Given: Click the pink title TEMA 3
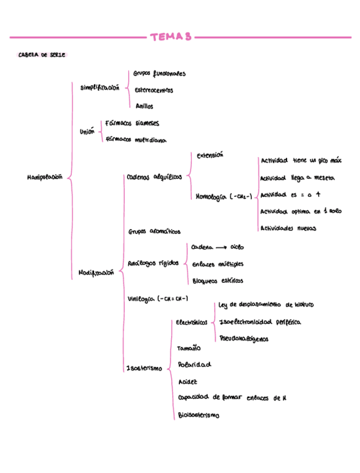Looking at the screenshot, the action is coord(171,37).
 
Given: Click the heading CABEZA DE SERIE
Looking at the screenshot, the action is coord(41,55).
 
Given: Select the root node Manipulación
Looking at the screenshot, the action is coord(45,177).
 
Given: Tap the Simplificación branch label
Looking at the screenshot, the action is coord(100,88).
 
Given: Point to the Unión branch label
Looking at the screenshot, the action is coord(87,132).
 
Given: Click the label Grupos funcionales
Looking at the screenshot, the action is coord(159,74).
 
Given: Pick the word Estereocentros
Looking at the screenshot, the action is coord(154,90).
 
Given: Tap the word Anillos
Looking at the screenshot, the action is coord(144,106).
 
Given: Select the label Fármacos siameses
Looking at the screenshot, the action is coord(132,124).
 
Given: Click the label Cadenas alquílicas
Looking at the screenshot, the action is coord(154,177).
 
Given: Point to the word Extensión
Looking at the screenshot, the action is coord(210,156).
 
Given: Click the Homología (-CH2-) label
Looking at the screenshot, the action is coord(224,196).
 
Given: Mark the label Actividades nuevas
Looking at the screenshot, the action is coord(288,228).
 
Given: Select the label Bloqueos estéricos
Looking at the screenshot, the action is coord(217,281).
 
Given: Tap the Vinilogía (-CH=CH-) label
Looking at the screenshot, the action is coord(158,299).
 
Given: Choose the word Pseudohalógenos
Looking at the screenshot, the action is coord(244,339).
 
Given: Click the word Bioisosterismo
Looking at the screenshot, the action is coord(199,416).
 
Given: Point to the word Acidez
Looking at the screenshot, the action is coord(188,382).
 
